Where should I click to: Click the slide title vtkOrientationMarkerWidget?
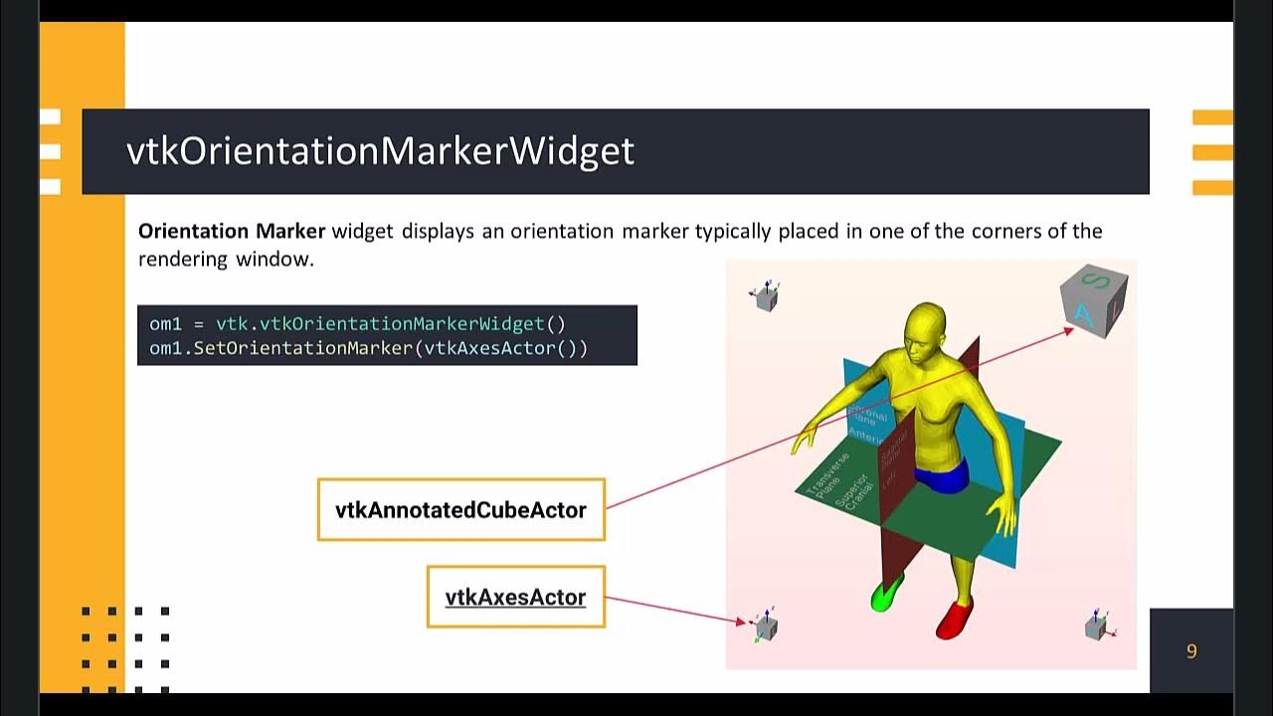click(x=380, y=151)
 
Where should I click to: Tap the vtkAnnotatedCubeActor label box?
click(x=460, y=510)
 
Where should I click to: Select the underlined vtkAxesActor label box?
click(x=515, y=597)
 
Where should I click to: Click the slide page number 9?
click(x=1191, y=651)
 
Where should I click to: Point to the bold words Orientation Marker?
click(x=232, y=232)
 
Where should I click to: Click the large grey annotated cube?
click(x=1094, y=299)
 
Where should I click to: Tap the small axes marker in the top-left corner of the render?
click(x=766, y=296)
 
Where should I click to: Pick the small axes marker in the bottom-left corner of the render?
click(x=765, y=626)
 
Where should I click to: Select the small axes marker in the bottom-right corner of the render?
click(x=1097, y=626)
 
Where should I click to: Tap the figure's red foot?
click(x=956, y=619)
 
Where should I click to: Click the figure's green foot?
click(x=884, y=595)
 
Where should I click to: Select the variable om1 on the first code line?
click(x=165, y=324)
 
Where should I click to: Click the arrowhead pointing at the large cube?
click(x=1069, y=329)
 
